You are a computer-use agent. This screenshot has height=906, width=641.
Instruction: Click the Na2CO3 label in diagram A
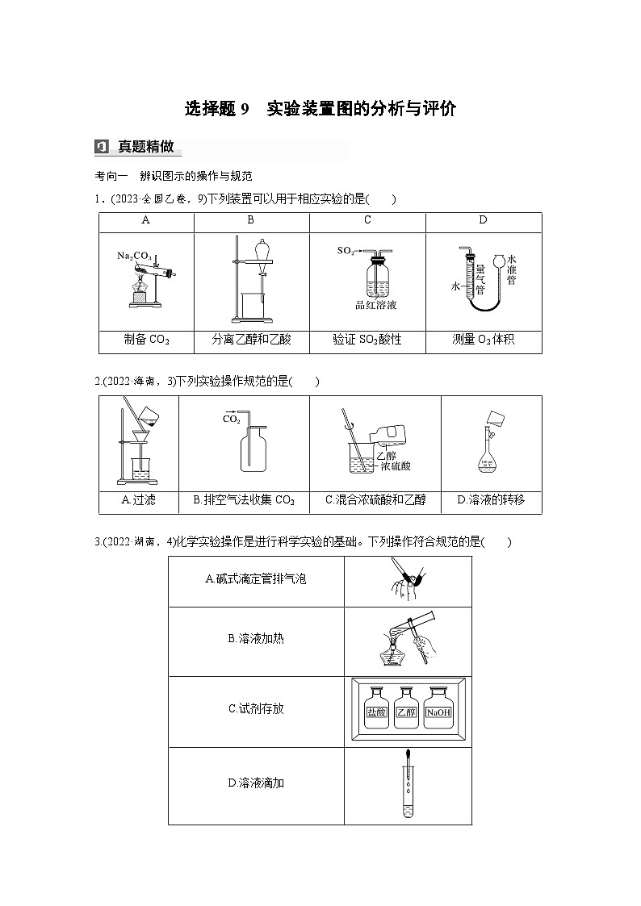(x=134, y=256)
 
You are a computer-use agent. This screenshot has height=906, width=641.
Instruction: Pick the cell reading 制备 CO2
(x=147, y=340)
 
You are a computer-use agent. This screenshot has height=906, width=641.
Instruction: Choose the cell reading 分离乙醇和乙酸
(x=251, y=340)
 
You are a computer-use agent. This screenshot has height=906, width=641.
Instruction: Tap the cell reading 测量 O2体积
(x=483, y=340)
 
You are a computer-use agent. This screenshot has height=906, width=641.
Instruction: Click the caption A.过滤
(x=138, y=500)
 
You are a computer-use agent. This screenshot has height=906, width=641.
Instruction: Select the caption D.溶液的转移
(x=491, y=500)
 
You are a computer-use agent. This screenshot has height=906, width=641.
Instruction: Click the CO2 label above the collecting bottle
(x=231, y=420)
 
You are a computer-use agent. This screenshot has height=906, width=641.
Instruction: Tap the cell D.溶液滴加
(x=256, y=783)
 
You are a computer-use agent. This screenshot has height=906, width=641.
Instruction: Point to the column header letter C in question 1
(x=367, y=220)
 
